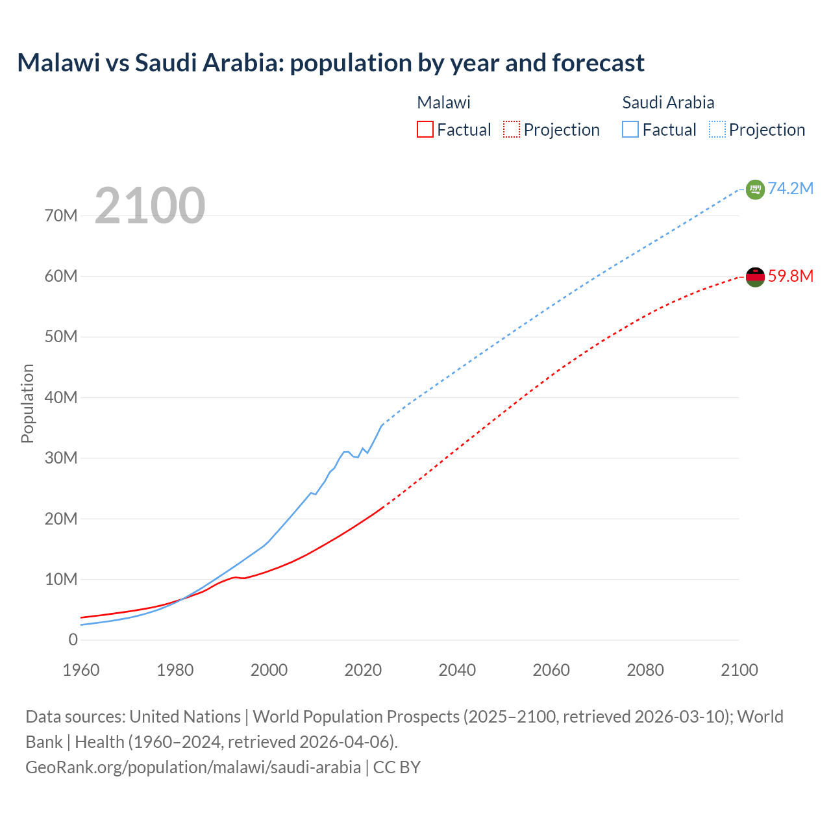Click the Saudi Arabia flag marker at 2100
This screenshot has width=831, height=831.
pos(755,190)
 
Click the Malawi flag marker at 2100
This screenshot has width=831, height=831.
pos(755,277)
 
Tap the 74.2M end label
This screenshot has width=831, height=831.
pos(790,188)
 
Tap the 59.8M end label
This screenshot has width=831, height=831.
pos(790,276)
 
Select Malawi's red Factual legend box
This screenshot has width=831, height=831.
pos(425,129)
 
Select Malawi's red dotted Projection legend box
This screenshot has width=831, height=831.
pos(512,129)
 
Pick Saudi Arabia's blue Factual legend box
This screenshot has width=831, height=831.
pos(630,129)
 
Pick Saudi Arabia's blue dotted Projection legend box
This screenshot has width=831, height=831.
pos(717,129)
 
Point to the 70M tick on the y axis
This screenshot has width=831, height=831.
pos(61,216)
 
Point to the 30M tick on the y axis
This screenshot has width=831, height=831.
pos(61,458)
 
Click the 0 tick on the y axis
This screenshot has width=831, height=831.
pos(73,639)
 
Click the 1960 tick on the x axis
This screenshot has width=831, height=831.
pos(81,670)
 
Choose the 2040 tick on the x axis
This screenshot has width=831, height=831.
pos(457,670)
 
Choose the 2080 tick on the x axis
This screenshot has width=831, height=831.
pos(645,670)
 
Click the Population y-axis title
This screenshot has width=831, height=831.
pos(27,403)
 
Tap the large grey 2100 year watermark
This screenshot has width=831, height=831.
pos(150,206)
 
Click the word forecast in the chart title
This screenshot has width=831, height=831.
pos(598,63)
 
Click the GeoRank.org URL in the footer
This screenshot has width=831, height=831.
pos(193,767)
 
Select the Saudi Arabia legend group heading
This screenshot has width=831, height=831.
pos(668,103)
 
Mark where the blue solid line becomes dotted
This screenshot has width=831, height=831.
pos(382,425)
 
